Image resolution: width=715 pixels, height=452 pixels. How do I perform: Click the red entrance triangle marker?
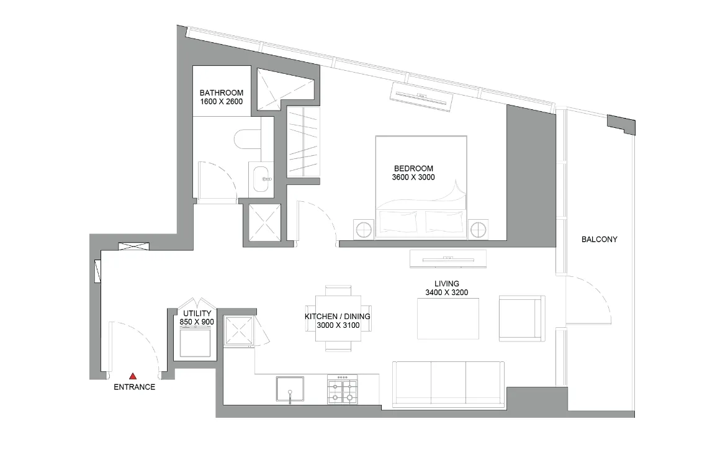(133, 376)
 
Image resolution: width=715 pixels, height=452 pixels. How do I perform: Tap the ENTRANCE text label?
(134, 387)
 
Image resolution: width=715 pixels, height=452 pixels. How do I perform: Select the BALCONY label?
(599, 239)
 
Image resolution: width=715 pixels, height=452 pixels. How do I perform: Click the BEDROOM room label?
(413, 168)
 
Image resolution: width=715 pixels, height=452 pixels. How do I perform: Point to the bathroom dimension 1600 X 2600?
(221, 101)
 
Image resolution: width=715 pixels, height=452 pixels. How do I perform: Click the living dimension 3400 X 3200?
(447, 292)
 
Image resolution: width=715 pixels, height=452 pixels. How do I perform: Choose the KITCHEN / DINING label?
(337, 317)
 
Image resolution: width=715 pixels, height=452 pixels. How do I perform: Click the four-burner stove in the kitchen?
(343, 389)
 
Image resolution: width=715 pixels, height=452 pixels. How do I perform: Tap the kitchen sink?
(290, 390)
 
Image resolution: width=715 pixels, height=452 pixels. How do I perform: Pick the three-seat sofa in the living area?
(448, 384)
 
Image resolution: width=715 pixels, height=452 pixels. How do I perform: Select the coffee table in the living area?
(448, 319)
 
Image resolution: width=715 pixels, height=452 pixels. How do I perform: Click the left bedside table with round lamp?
(364, 229)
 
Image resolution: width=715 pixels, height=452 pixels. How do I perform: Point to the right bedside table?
(478, 230)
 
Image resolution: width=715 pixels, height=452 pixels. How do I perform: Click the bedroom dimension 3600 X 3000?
(413, 178)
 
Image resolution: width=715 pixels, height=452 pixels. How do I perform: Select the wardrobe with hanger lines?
(303, 142)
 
